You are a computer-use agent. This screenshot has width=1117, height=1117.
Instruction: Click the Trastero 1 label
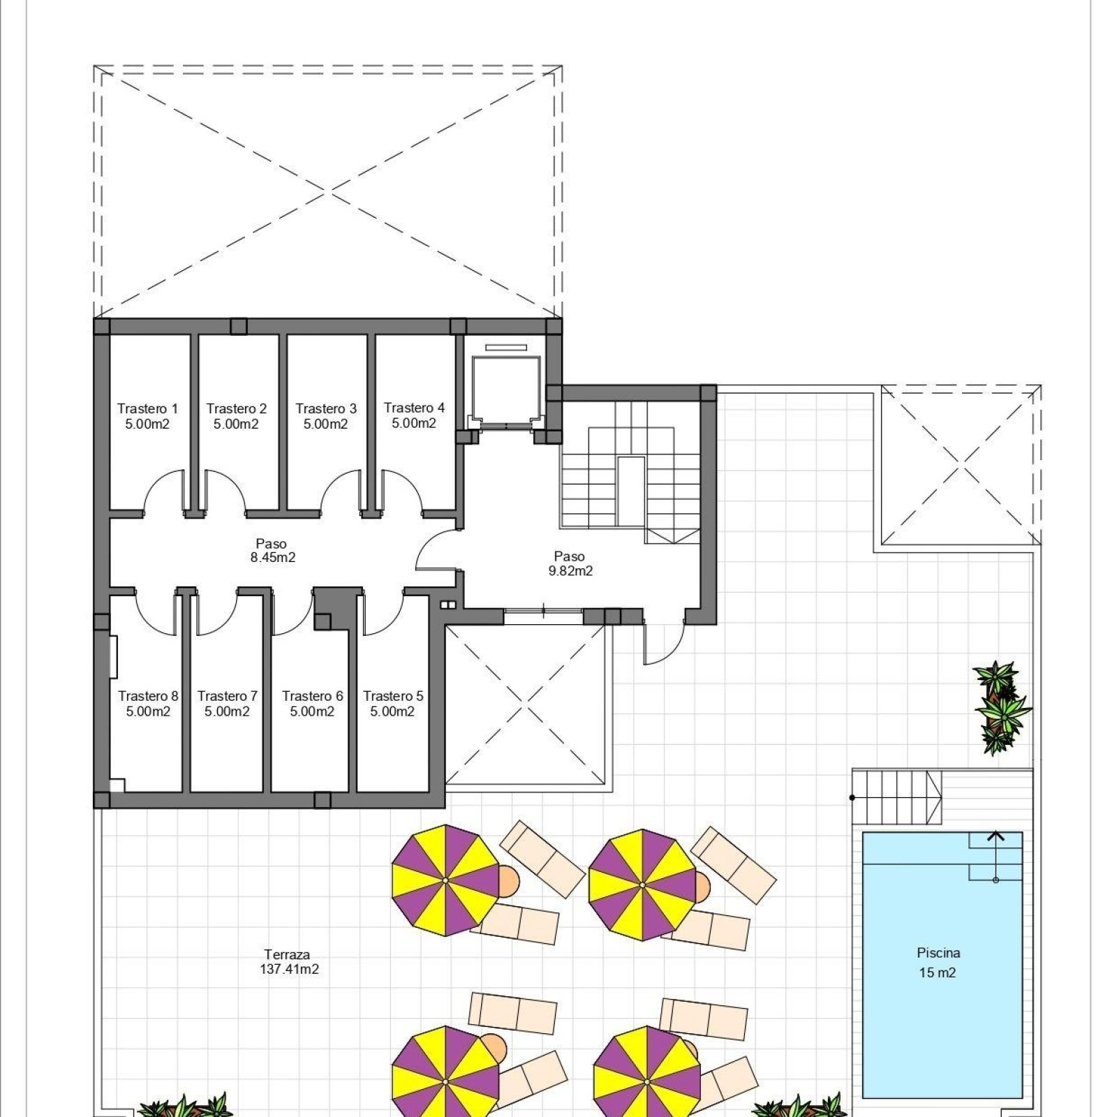(x=147, y=408)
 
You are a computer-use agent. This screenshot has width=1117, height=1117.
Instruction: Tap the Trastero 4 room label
(x=414, y=408)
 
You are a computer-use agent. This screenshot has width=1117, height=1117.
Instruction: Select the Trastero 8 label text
(x=148, y=696)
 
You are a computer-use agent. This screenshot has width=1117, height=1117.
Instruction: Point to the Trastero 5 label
(x=393, y=696)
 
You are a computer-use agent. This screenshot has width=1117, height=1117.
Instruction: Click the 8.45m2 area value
(x=273, y=558)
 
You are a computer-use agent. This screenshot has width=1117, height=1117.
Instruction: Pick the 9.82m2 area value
(x=570, y=571)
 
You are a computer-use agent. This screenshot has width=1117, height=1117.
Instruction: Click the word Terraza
(x=287, y=954)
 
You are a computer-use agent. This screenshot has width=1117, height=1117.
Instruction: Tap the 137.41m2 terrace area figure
(x=289, y=969)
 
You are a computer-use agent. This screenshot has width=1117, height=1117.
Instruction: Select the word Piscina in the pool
(x=938, y=953)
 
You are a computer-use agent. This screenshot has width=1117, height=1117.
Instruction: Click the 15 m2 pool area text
(x=937, y=972)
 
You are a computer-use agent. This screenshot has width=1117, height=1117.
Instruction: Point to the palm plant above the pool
(x=1003, y=707)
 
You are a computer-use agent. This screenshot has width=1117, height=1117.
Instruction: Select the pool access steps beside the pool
(x=896, y=797)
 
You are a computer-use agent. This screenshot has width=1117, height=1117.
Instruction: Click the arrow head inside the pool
(x=996, y=836)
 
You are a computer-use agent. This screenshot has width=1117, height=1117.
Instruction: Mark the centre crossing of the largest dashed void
(x=327, y=190)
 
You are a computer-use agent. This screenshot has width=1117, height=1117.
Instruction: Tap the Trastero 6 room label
(x=312, y=696)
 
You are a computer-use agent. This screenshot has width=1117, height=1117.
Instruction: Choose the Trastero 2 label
(x=237, y=408)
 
